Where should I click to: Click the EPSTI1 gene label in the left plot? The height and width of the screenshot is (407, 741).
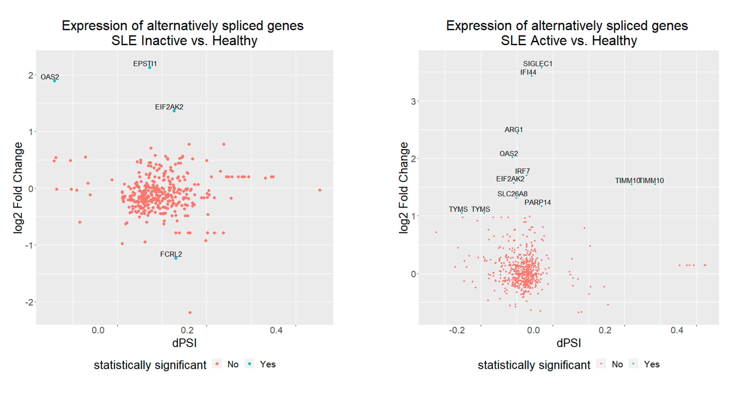[x=145, y=64]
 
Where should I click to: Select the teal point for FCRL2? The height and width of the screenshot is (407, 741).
[x=176, y=258]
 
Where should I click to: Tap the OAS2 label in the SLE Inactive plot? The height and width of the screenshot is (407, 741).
[x=50, y=77]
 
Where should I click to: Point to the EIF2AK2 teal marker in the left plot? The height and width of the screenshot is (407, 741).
[x=174, y=111]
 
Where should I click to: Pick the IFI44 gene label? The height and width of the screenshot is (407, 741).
[x=528, y=72]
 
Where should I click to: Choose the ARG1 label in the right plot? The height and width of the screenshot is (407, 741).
[x=514, y=130]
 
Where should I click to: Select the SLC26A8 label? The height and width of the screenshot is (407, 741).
[x=512, y=194]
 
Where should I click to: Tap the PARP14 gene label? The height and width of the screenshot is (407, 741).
[x=537, y=202]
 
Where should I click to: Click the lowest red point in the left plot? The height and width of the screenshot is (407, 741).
[x=190, y=313]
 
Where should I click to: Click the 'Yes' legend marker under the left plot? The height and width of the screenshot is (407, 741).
[x=249, y=364]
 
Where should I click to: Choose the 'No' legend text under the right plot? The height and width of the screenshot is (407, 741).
[x=617, y=364]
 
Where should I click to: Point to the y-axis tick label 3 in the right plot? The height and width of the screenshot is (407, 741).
[x=413, y=101]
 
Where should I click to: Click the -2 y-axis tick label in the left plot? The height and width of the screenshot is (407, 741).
[x=29, y=302]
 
